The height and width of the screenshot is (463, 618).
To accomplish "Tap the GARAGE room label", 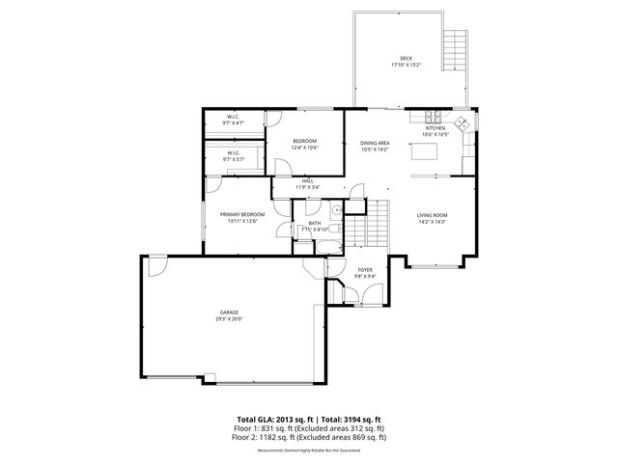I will coord(229,315).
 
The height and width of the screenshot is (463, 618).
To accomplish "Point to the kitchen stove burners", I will coord(461,123).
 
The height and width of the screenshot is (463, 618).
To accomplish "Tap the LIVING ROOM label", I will coord(431,218).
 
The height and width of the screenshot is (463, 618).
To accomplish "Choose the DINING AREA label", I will coord(374,146).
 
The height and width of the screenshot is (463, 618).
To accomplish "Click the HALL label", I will coord(307,183).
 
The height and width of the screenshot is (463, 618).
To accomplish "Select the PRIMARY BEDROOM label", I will coord(241,216).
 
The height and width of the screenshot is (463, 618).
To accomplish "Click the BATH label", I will coord(315,225).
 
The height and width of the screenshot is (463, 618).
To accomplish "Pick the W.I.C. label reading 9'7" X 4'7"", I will coord(234,120).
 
